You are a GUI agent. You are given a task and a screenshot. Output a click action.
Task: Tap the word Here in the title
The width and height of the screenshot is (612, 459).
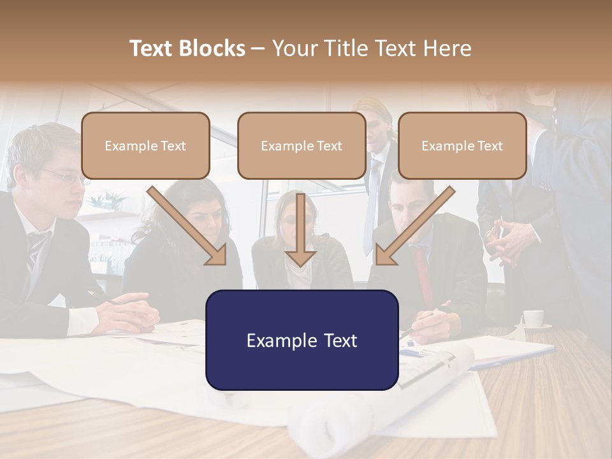click(447, 48)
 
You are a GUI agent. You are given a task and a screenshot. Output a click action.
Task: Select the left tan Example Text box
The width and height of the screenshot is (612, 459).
click(145, 145)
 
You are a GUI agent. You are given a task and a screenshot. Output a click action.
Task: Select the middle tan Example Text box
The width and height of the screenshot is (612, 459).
click(302, 145)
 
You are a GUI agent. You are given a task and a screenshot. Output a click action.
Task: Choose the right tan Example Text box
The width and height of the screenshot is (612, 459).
click(462, 145)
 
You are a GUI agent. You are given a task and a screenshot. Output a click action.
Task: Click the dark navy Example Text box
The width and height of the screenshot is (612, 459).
click(302, 340)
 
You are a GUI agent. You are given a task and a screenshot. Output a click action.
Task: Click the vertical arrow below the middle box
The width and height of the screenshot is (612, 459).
click(301, 229)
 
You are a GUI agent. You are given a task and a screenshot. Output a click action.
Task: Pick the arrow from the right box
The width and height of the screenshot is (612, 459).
click(414, 226)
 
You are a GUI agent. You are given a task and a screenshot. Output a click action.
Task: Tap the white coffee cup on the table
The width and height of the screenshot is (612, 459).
click(533, 317)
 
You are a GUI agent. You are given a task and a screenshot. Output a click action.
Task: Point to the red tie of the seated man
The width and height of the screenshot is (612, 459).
click(423, 274)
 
